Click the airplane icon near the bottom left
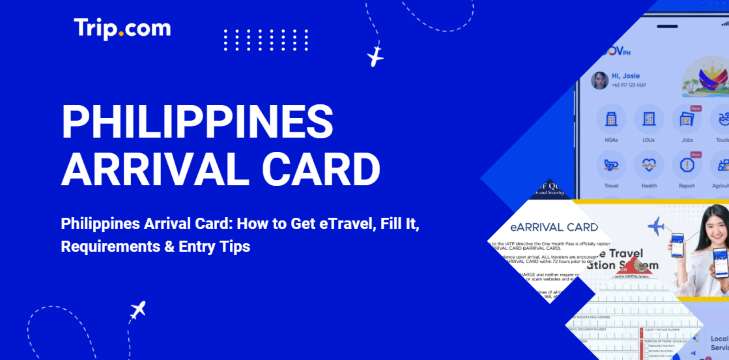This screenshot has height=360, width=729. tap(138, 309)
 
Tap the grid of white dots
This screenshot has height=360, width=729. tap(252, 40)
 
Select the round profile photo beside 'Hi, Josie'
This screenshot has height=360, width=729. tap(600, 80)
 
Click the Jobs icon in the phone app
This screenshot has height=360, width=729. tap(687, 120)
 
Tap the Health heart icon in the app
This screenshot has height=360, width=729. tap(648, 164)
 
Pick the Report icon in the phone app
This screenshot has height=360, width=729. tap(687, 164)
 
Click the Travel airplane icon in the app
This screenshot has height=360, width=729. tap(610, 164)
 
